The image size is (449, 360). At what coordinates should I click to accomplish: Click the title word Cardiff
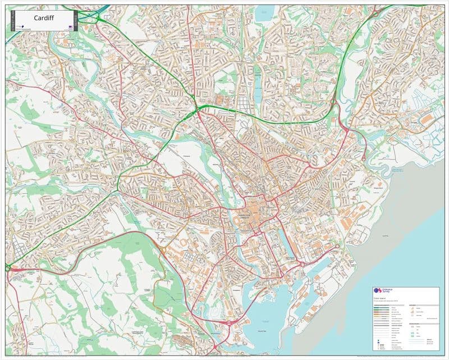click(x=43, y=18)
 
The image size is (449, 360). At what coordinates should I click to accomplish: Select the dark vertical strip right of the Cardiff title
click(x=74, y=21)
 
